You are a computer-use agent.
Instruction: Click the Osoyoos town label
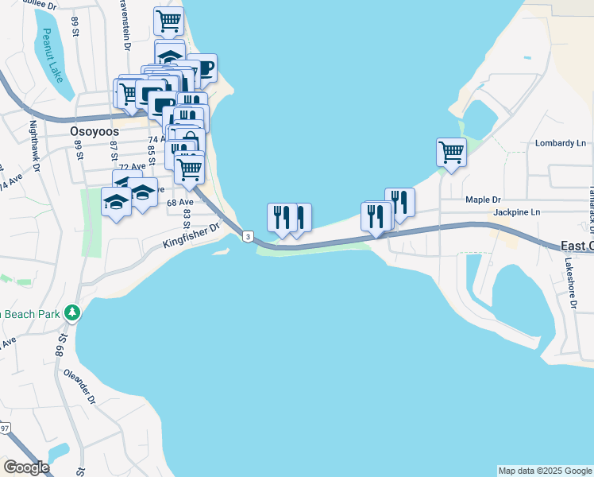pyautogui.click(x=94, y=131)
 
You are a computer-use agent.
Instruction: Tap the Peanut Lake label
pyautogui.click(x=52, y=56)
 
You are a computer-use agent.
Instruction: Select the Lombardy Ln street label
pyautogui.click(x=560, y=143)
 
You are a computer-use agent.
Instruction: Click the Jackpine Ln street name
pyautogui.click(x=516, y=212)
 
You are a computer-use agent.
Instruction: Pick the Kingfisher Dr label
pyautogui.click(x=191, y=236)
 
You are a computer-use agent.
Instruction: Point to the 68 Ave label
pyautogui.click(x=180, y=203)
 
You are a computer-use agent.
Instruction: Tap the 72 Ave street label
pyautogui.click(x=133, y=166)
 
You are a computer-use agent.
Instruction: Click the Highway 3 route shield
pyautogui.click(x=249, y=237)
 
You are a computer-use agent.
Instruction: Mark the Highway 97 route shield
pyautogui.click(x=5, y=429)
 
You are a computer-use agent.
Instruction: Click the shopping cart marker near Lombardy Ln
pyautogui.click(x=451, y=151)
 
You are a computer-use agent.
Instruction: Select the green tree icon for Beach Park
pyautogui.click(x=72, y=312)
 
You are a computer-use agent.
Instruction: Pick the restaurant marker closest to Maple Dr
pyautogui.click(x=399, y=201)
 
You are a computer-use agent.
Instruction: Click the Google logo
pyautogui.click(x=26, y=467)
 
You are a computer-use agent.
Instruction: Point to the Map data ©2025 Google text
pyautogui.click(x=545, y=471)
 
